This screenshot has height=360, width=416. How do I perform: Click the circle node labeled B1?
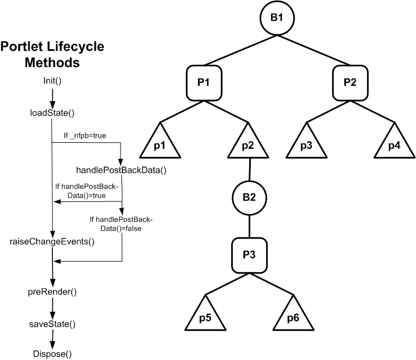click(x=277, y=17)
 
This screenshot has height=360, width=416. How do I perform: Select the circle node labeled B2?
click(x=249, y=197)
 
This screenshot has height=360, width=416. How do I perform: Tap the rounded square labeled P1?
click(x=204, y=82)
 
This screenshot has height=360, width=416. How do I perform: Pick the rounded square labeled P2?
click(x=349, y=82)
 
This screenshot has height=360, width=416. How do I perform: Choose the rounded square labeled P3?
click(x=249, y=254)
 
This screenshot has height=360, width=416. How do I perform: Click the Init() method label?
click(x=52, y=80)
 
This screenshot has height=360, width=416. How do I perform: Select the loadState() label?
click(x=52, y=112)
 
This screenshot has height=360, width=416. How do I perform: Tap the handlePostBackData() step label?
click(x=122, y=169)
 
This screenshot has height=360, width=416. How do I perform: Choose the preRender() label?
click(x=52, y=292)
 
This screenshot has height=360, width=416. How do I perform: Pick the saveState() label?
click(x=52, y=324)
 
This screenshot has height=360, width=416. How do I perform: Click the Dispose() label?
click(x=52, y=354)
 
